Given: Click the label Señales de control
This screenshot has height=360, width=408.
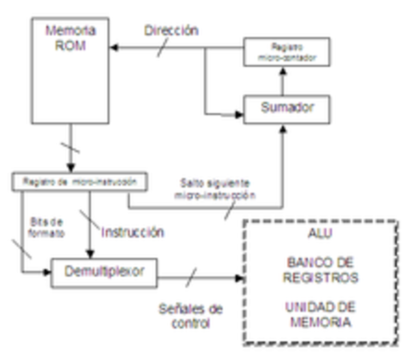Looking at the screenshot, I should tap(191, 316).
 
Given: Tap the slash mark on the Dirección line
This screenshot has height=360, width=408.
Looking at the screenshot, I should tap(159, 49).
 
